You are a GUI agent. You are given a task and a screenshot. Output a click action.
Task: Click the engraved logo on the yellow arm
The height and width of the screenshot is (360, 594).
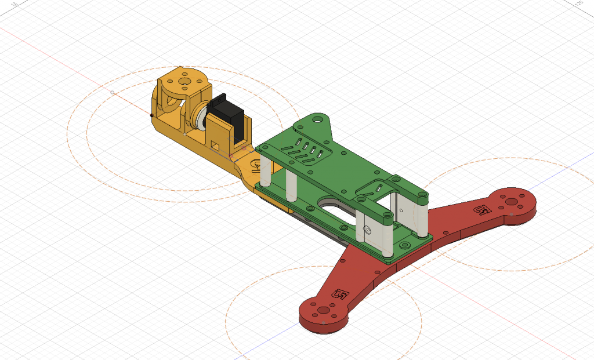pyautogui.click(x=255, y=166)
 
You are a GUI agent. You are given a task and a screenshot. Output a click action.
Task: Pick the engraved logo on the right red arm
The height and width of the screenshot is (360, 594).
pyautogui.click(x=481, y=209)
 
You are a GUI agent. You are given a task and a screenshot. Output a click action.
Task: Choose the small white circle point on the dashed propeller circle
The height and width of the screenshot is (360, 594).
pyautogui.click(x=113, y=92)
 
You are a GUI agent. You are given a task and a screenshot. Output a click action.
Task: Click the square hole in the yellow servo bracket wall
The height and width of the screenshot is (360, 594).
pyautogui.click(x=215, y=143)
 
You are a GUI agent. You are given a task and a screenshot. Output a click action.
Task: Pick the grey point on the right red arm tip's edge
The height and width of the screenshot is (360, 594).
pyautogui.click(x=511, y=214)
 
